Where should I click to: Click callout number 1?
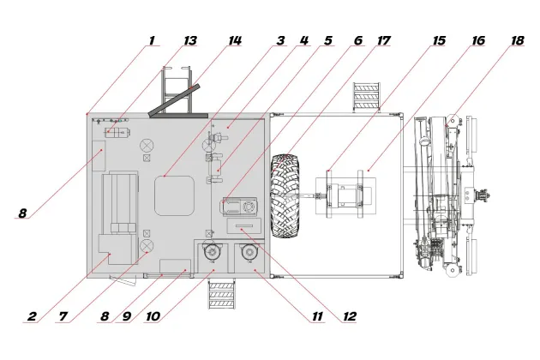click(152, 40)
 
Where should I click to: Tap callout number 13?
click(190, 40)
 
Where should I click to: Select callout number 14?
click(235, 40)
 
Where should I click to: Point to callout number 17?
click(384, 40)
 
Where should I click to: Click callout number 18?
click(517, 40)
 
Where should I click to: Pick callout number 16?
click(478, 40)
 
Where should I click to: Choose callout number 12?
click(350, 316)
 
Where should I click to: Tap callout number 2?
click(32, 316)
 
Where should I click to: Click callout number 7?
click(63, 316)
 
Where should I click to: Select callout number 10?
click(153, 316)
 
